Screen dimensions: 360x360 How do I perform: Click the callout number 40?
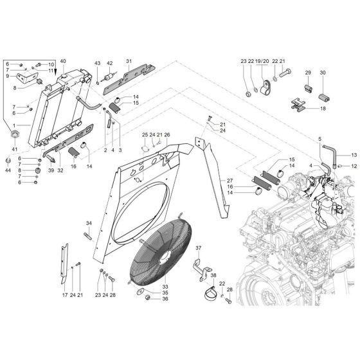(63, 61)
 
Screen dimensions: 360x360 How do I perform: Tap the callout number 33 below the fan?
(147, 286)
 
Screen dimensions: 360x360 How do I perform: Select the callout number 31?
(129, 61)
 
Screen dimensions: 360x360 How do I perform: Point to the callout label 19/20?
(262, 61)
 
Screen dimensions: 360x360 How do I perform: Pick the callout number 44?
(8, 171)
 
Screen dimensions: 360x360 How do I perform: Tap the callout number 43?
(98, 63)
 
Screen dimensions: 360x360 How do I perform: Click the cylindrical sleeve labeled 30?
(323, 95)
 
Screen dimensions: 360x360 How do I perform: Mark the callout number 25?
(145, 134)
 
